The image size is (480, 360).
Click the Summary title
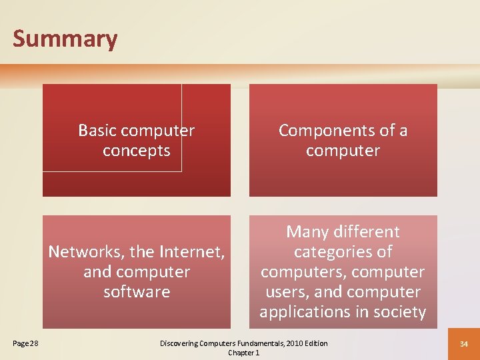[65, 39]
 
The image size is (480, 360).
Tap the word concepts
[137, 151]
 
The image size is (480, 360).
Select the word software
[137, 292]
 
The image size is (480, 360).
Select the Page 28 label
[25, 343]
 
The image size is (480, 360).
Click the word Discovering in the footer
[180, 343]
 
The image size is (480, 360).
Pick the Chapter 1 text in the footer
[243, 353]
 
